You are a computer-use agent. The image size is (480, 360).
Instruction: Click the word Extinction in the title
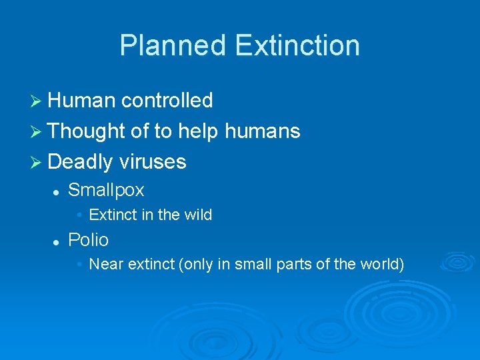(x=297, y=45)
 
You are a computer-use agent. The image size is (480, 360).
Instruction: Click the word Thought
(x=87, y=131)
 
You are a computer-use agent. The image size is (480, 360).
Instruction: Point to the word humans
(x=263, y=131)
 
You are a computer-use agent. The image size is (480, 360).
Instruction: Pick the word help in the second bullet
(x=198, y=131)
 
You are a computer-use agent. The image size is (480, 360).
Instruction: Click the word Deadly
(x=81, y=162)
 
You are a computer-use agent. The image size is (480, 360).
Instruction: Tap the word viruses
(x=153, y=162)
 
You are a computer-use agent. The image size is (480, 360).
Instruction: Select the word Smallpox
(x=106, y=190)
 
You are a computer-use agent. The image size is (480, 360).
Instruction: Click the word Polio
(x=88, y=240)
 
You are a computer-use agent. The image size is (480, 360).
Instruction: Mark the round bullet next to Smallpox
(x=57, y=191)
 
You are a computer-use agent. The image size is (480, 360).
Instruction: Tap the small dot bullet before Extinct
(x=79, y=215)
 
